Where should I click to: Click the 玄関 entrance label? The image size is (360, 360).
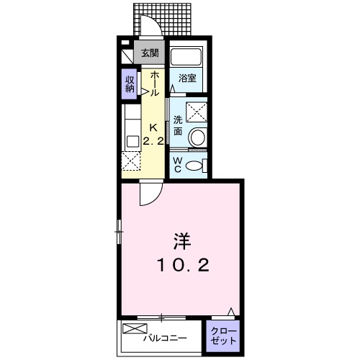click(x=150, y=53)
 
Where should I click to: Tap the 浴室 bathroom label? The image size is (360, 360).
click(x=188, y=78)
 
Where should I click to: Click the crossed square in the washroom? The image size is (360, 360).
click(x=196, y=112)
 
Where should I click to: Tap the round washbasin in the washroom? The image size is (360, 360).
click(x=197, y=137)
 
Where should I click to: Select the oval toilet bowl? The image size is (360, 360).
click(x=196, y=164)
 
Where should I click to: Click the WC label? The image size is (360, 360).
click(x=178, y=164)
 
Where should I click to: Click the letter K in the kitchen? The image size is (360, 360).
click(x=153, y=128)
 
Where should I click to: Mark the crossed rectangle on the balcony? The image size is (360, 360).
click(x=134, y=329)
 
